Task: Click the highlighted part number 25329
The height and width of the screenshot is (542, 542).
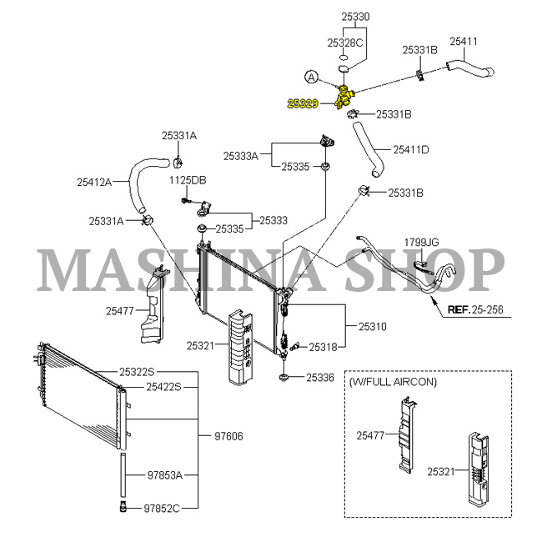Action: pos(304,103)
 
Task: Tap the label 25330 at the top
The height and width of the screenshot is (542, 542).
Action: pos(355,16)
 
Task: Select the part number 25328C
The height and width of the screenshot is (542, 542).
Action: pos(345,42)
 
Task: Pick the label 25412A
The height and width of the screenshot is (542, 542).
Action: pos(94,181)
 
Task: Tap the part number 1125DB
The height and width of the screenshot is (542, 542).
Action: pos(188,180)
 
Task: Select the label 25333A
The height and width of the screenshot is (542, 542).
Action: pos(242,155)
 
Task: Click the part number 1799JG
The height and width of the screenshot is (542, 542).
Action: pos(421,242)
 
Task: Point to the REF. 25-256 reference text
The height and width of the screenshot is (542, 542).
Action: pos(474,309)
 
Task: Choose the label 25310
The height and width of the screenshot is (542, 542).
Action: pos(373,326)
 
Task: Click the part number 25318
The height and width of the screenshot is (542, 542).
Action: pos(323,346)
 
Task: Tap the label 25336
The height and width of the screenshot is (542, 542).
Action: pos(319,377)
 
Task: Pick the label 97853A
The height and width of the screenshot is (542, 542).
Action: pos(165,474)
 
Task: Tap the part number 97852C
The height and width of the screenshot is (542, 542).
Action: pos(162,506)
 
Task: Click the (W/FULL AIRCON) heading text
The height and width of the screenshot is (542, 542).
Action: pos(393,381)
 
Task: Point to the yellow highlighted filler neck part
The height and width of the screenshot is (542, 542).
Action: pos(343,95)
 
